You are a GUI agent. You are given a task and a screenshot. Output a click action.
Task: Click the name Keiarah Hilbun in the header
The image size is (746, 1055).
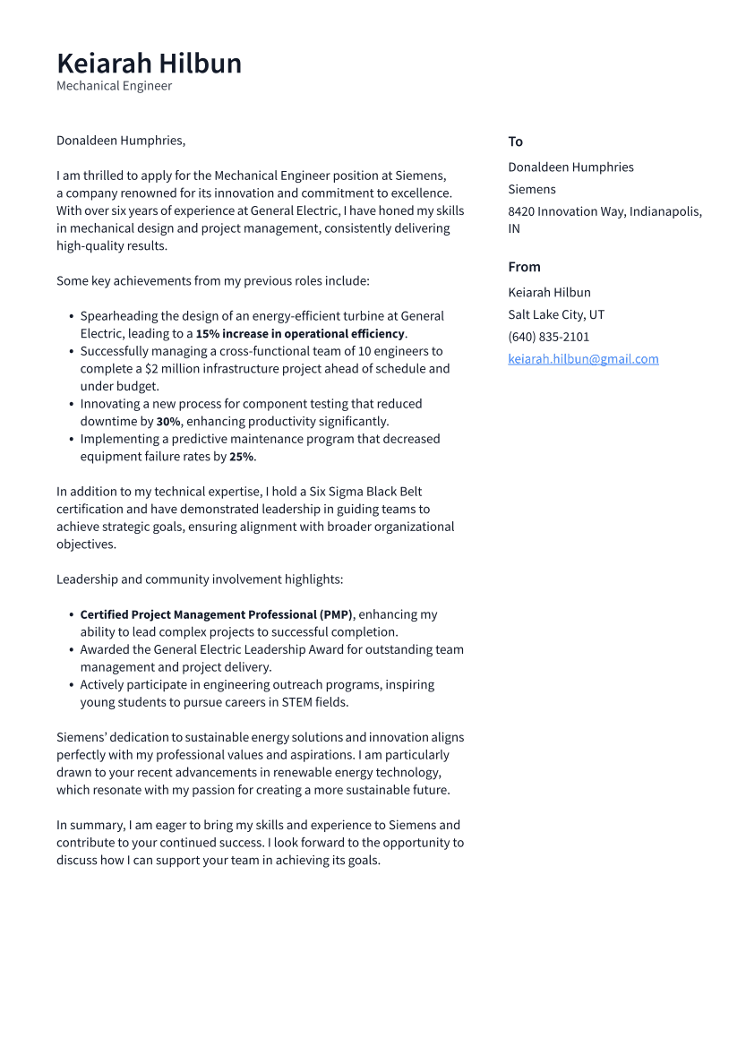pos(149,64)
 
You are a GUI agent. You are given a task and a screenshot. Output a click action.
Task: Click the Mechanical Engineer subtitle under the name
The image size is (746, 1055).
pos(114,86)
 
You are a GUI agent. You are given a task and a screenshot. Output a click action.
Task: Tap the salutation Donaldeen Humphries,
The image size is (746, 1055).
pos(120,141)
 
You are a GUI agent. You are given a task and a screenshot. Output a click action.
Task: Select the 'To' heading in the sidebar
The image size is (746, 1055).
pos(515,142)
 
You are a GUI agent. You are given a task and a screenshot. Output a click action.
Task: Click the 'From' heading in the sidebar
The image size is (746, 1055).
pos(524,267)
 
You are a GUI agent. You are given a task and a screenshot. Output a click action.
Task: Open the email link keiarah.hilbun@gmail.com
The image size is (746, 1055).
pos(583,359)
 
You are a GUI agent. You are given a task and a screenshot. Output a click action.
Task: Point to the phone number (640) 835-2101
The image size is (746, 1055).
pos(548,337)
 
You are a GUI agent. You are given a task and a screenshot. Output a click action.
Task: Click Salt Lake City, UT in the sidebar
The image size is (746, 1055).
pos(555,314)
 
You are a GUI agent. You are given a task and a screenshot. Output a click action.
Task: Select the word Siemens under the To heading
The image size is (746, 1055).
pos(531,189)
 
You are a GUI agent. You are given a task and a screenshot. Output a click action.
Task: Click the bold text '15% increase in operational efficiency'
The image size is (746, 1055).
pos(300,334)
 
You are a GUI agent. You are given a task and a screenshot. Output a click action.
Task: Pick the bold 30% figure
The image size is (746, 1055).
pos(168,422)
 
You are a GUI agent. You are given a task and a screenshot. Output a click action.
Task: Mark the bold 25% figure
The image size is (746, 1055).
pos(241,457)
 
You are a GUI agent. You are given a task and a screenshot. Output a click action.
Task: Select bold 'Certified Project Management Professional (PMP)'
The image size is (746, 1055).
pos(216,615)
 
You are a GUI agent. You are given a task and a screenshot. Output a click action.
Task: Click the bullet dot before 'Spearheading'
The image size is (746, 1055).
pos(71,316)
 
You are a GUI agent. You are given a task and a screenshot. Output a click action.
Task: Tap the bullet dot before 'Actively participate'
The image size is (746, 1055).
pos(71,685)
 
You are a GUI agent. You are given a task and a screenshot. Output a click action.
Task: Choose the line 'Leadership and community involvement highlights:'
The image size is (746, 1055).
pos(199,579)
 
